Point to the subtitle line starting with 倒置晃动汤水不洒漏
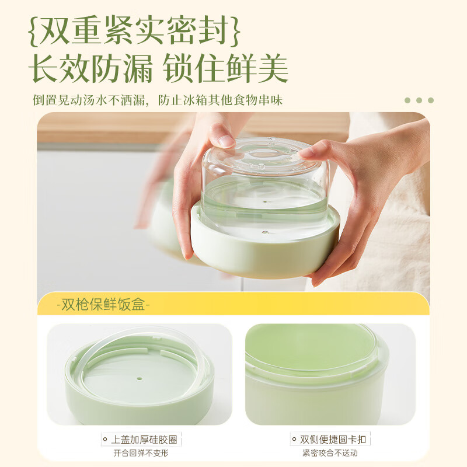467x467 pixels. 158,100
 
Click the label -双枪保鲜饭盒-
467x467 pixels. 103,305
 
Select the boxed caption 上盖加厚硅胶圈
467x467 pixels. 140,440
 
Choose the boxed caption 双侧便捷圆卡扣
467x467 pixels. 330,440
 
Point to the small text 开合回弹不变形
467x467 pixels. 140,453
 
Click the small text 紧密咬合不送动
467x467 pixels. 330,453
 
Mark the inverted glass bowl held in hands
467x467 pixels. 266,175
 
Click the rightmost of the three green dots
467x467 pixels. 431,100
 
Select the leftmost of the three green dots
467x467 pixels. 407,100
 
